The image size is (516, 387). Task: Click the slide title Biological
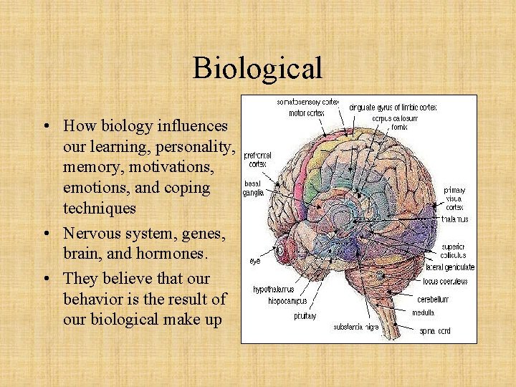(x=257, y=69)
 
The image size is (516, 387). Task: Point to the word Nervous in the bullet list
(x=90, y=232)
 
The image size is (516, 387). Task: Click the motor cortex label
(x=306, y=113)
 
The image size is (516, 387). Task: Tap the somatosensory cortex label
(x=309, y=102)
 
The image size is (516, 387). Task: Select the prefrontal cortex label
(x=258, y=158)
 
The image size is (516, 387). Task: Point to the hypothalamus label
(x=273, y=290)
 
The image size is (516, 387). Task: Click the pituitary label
(x=305, y=315)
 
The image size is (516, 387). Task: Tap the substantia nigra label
(x=357, y=327)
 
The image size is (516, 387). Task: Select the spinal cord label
(x=436, y=331)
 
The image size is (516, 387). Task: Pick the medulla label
(x=423, y=312)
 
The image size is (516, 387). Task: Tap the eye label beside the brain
(x=255, y=261)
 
